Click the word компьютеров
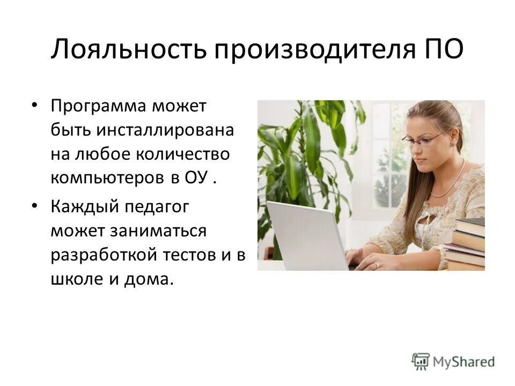tap(108, 179)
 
